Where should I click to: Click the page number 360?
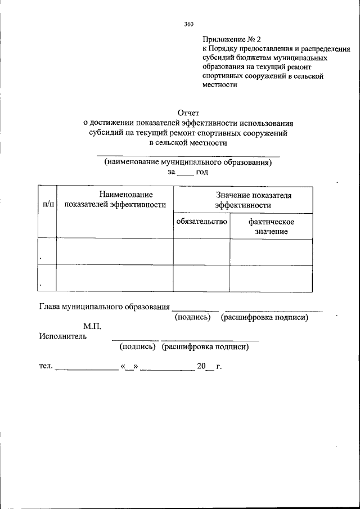[x=188, y=24]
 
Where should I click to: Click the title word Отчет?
[x=188, y=113]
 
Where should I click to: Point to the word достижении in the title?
[x=112, y=123]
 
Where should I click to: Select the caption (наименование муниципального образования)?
[x=188, y=162]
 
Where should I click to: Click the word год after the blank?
[x=202, y=172]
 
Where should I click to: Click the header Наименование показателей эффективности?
[x=115, y=199]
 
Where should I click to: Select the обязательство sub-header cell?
[x=201, y=222]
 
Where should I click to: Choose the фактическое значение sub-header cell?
[x=272, y=226]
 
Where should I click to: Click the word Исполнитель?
[x=63, y=336]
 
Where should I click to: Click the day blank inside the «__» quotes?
[x=129, y=367]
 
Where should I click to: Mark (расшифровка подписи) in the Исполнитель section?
[x=205, y=347]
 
